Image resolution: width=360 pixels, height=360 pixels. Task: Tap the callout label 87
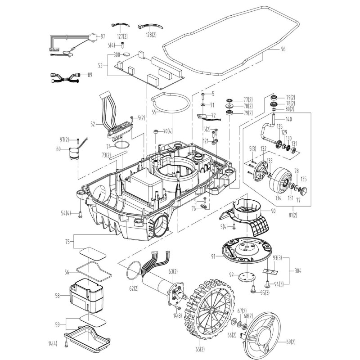(x=102, y=36)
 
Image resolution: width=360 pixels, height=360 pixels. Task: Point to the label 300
(x=117, y=54)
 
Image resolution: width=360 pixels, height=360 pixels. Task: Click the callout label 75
(x=67, y=241)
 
